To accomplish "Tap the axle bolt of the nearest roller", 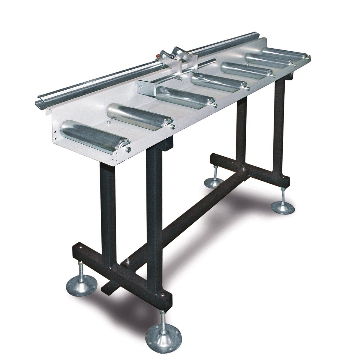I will point(128,148).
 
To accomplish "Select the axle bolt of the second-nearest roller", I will point(173,126).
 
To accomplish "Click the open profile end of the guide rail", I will point(40,100).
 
